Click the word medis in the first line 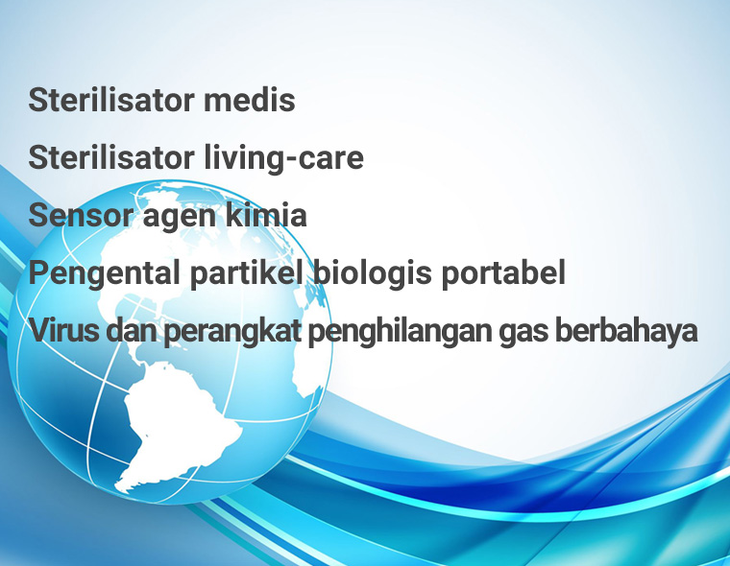249,100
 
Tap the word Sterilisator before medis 111,100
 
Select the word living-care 284,159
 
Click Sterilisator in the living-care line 111,157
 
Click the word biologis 372,274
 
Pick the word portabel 503,274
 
